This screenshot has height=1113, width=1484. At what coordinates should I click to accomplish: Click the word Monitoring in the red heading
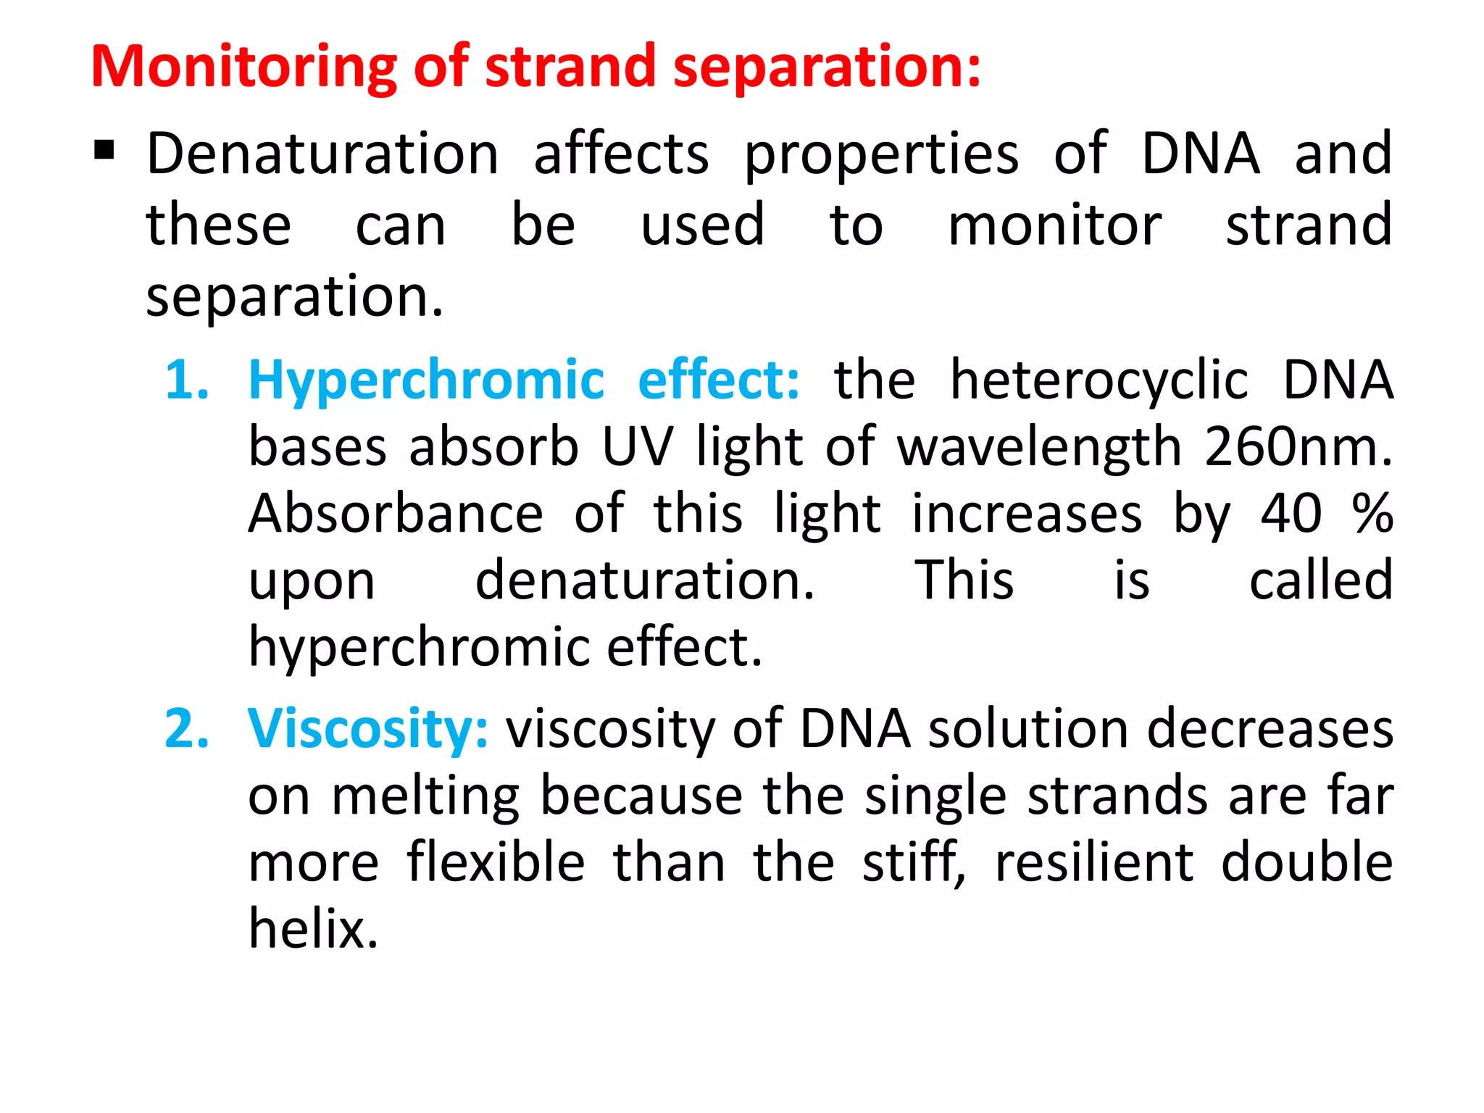243,67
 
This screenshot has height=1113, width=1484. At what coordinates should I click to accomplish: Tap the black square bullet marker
104,150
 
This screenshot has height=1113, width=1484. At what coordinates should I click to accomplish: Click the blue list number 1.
186,380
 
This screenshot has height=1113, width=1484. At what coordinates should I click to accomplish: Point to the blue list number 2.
186,728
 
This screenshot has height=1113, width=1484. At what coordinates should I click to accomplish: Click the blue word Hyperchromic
426,381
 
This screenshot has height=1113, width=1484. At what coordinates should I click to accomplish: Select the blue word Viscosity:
367,729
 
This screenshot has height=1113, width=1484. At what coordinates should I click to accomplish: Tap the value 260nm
1298,446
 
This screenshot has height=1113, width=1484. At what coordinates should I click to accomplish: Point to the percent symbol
1372,513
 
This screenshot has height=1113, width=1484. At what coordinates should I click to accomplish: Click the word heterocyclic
1099,381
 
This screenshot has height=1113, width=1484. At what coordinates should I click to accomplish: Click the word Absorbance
396,513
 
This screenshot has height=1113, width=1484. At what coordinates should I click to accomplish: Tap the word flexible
496,862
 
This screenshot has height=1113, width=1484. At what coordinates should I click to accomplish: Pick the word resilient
1094,862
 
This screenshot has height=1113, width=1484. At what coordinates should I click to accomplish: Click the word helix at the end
313,928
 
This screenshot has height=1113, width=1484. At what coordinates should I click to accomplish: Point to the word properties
882,155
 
